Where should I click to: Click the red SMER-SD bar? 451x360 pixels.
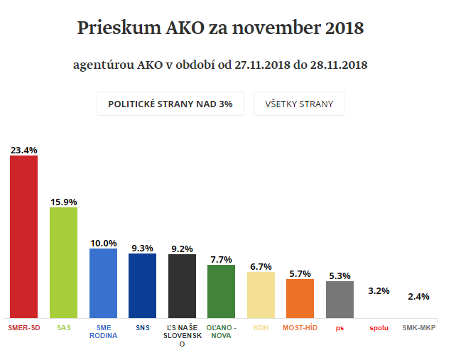pyautogui.click(x=23, y=236)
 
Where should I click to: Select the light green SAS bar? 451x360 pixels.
pyautogui.click(x=63, y=263)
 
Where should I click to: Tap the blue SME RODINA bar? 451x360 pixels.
pyautogui.click(x=103, y=283)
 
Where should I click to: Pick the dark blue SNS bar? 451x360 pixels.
pyautogui.click(x=142, y=285)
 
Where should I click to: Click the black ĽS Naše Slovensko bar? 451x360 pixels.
pyautogui.click(x=182, y=286)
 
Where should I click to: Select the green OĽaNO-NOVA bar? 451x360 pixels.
pyautogui.click(x=221, y=291)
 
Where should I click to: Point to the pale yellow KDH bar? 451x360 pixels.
pyautogui.click(x=261, y=295)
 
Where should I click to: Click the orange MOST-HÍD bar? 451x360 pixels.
pyautogui.click(x=300, y=298)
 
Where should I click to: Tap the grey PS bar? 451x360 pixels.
pyautogui.click(x=339, y=300)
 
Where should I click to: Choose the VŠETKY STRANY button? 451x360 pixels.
pyautogui.click(x=298, y=104)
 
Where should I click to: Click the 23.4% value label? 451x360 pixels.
pyautogui.click(x=23, y=151)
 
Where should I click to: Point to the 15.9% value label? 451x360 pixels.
pyautogui.click(x=63, y=202)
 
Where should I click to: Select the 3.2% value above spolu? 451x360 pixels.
pyautogui.click(x=379, y=290)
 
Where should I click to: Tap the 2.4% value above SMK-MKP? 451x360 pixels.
pyautogui.click(x=418, y=296)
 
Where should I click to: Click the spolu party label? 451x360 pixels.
pyautogui.click(x=379, y=328)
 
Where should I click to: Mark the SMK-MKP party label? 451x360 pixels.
pyautogui.click(x=418, y=328)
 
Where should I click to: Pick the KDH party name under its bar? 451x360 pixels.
pyautogui.click(x=261, y=328)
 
